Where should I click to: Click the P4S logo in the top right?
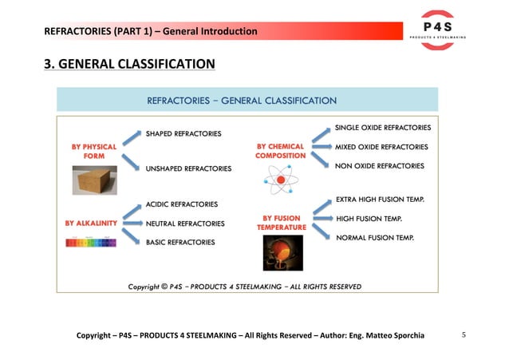pos(437,30)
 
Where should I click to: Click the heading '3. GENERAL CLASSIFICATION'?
pos(129,64)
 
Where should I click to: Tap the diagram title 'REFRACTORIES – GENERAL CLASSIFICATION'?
pos(242,101)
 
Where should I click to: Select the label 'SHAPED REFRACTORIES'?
pos(183,133)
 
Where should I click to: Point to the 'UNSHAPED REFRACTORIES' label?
pos(188,168)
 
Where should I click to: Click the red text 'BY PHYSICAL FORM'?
pos(94,151)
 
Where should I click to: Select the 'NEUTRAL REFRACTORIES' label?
pos(185,224)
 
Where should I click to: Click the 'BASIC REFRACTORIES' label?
pos(180,242)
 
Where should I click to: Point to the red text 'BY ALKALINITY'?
pos(92,224)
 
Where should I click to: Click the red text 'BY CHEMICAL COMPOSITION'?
pos(281,151)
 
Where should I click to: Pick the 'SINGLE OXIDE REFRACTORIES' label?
pos(383,128)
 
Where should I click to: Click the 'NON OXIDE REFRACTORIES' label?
pos(379,165)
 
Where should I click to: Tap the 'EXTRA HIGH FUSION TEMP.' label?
pos(379,199)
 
